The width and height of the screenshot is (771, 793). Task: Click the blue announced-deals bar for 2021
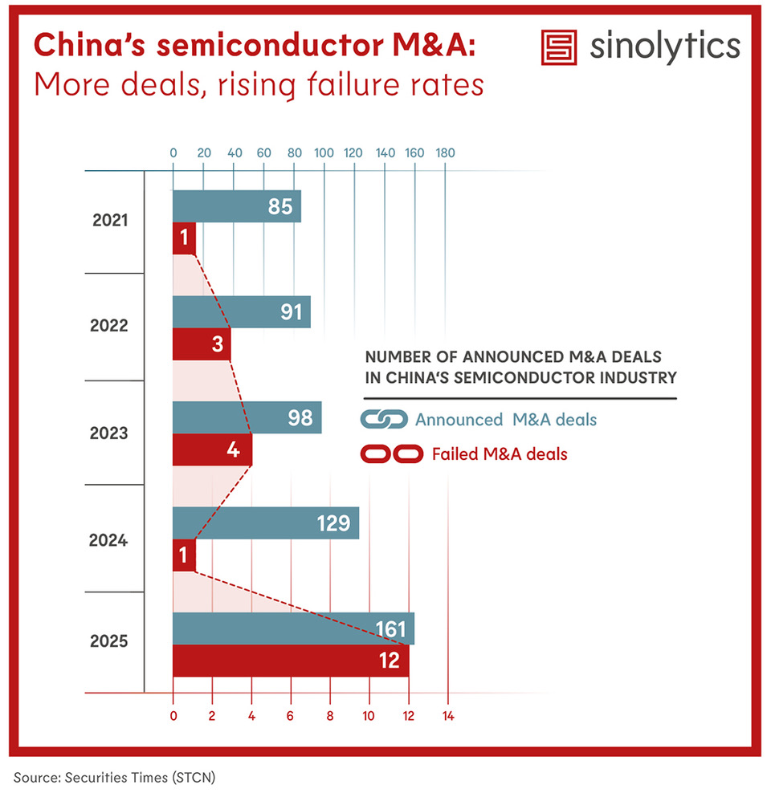click(236, 206)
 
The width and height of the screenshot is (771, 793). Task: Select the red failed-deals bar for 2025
click(291, 661)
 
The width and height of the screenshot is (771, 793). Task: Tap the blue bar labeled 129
click(265, 523)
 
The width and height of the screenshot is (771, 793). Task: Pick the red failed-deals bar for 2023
click(212, 449)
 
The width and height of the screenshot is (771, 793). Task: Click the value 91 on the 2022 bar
click(291, 312)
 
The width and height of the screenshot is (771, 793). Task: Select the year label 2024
click(108, 540)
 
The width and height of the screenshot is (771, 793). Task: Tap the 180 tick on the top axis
click(445, 152)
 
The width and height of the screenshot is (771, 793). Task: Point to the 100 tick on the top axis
click(324, 152)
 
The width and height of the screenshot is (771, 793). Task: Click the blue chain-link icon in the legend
click(384, 419)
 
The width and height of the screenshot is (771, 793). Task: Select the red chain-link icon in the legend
click(392, 454)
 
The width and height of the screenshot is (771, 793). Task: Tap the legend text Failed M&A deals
click(499, 454)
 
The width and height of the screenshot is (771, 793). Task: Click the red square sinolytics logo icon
click(561, 47)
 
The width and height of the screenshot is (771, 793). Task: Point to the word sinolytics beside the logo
click(664, 47)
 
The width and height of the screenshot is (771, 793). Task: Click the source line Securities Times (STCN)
click(114, 777)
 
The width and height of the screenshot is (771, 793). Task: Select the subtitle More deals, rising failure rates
click(259, 83)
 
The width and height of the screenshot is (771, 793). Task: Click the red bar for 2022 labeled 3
click(202, 344)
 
